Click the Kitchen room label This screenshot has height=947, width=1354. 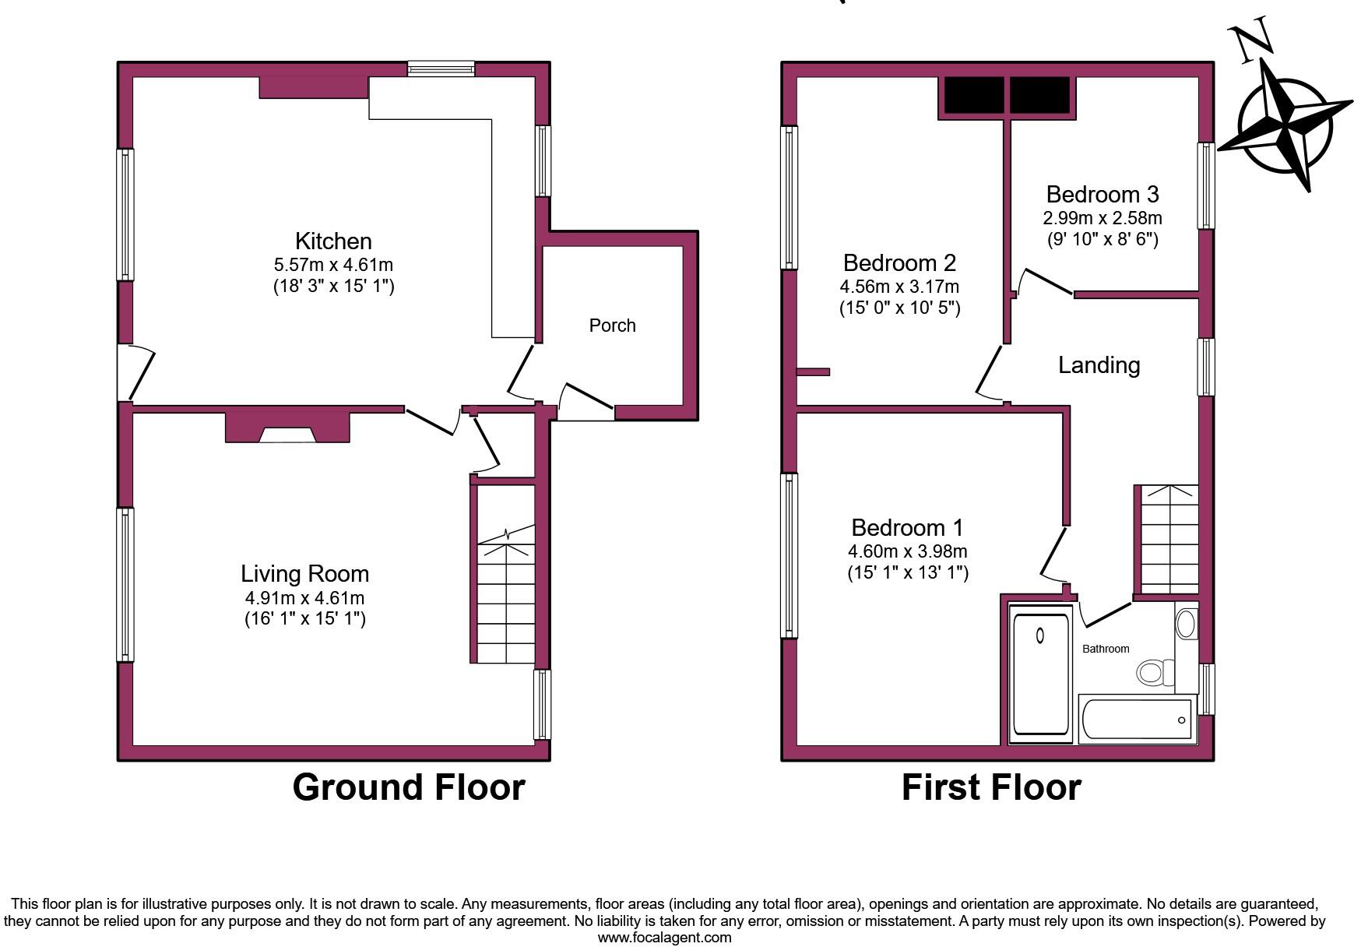point(333,241)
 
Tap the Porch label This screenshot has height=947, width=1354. point(612,326)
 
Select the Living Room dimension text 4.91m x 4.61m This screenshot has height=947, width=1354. point(304,598)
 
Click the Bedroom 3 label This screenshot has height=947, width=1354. point(1102,194)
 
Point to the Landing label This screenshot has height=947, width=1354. point(1099,364)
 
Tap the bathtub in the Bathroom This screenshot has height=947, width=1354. point(1138,720)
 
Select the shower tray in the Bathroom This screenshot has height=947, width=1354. point(1040,674)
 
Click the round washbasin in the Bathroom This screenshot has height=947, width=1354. point(1185,624)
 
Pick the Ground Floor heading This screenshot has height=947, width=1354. point(408,787)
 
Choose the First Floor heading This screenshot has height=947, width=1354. point(990,787)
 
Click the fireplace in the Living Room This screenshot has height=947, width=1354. point(287,429)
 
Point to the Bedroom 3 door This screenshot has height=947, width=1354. point(1047,281)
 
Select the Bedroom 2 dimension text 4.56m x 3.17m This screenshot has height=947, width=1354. point(899,286)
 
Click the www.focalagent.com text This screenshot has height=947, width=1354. point(664,938)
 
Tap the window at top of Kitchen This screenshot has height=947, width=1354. point(441,69)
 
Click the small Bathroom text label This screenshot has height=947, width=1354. point(1105,649)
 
